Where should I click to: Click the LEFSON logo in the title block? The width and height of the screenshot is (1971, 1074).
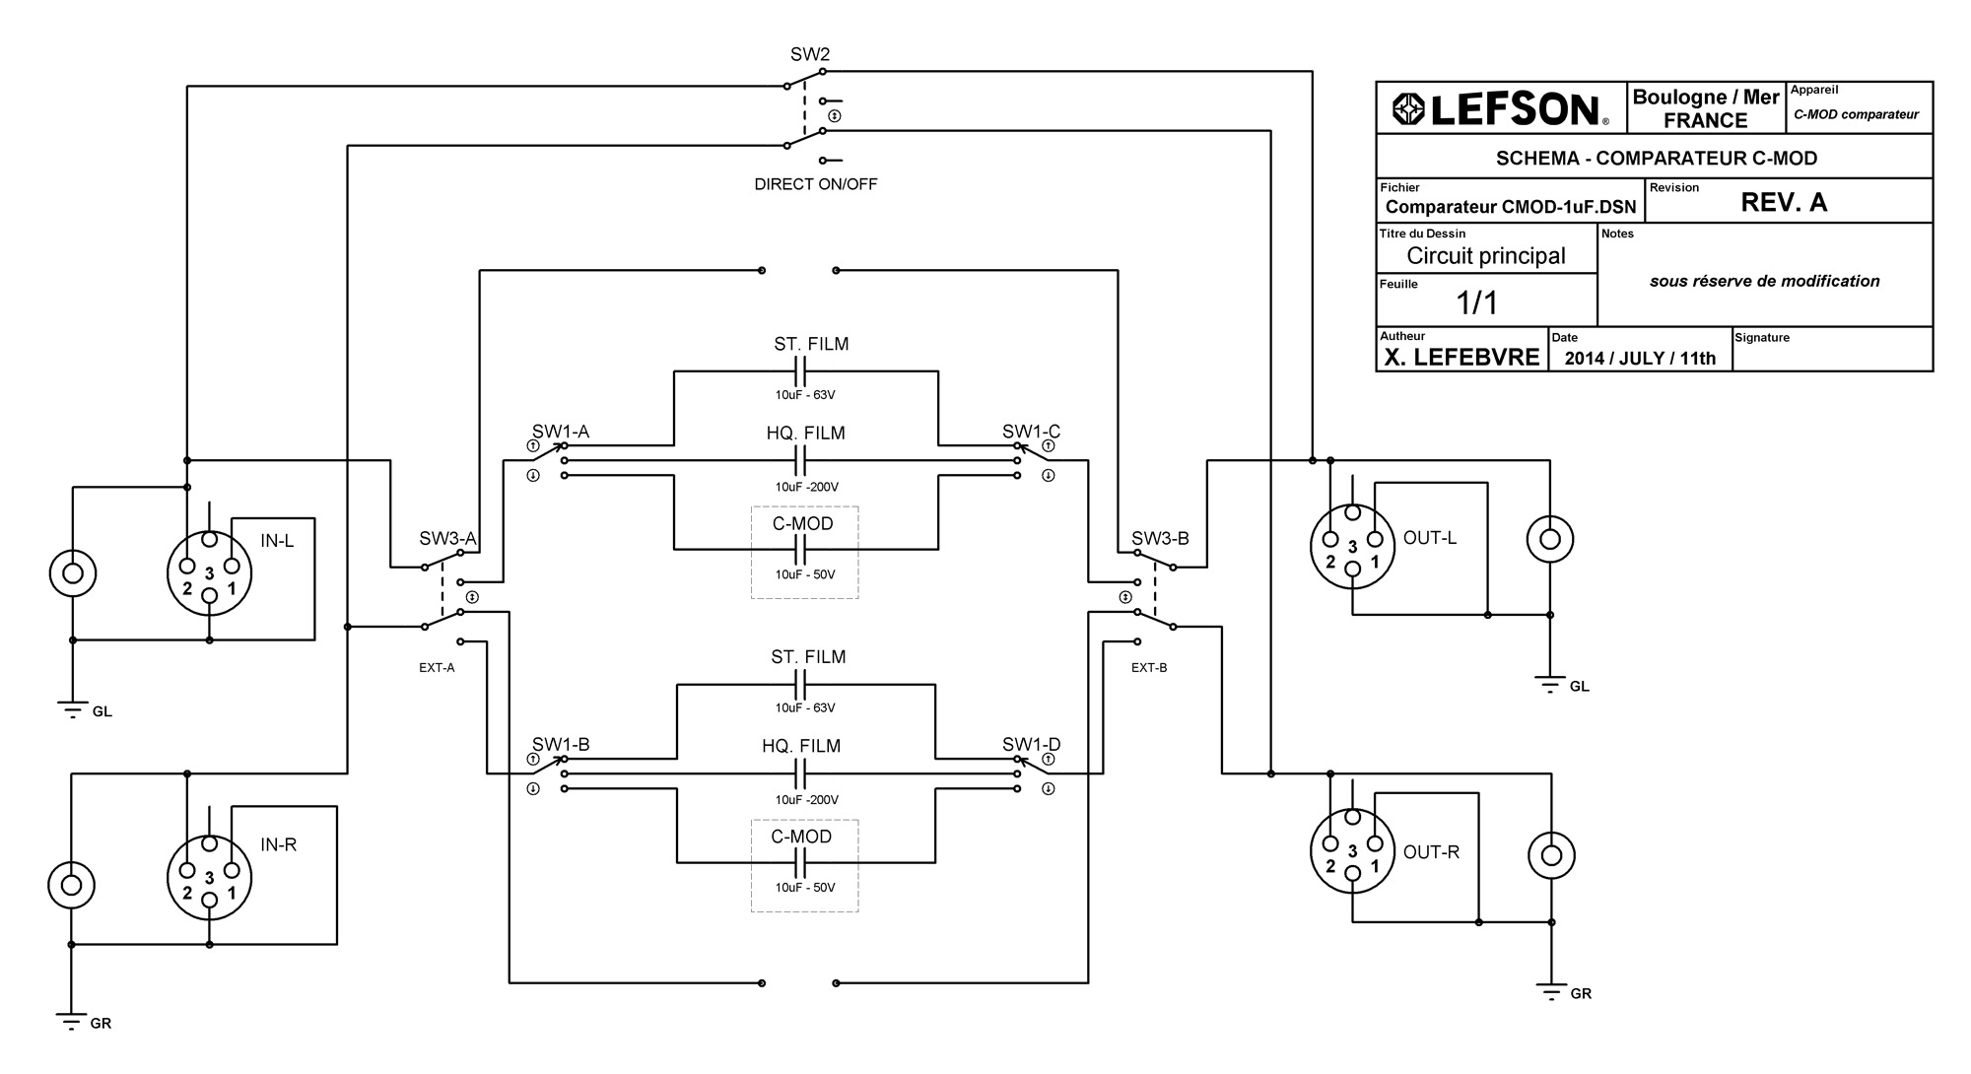[1500, 108]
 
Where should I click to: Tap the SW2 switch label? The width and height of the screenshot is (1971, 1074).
[810, 54]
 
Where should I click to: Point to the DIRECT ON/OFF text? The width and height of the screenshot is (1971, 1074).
[815, 184]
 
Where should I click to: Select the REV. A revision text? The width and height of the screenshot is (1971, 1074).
[1784, 203]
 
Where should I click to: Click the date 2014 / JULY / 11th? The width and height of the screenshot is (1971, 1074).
[1640, 359]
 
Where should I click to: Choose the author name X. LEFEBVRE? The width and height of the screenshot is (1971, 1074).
[1461, 358]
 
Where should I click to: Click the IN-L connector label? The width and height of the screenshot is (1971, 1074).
[277, 541]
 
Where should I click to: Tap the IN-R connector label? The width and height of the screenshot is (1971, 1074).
[278, 844]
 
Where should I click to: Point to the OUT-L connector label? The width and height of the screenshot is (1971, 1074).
[1429, 538]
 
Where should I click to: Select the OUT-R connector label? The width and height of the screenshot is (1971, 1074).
[1431, 852]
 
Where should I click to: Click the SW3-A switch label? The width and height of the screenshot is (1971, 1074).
[447, 539]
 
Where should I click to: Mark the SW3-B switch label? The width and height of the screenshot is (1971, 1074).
[1160, 539]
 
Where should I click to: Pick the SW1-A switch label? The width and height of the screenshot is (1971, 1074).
[561, 432]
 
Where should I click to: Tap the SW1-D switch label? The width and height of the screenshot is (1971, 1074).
[1031, 745]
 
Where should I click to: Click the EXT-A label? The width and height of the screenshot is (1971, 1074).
[437, 668]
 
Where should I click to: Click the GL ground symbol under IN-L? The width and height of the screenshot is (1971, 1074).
[72, 708]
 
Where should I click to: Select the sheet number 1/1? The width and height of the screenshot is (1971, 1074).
[1476, 303]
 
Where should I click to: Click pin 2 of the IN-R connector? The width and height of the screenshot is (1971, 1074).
[187, 871]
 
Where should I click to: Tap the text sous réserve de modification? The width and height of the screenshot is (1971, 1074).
[1764, 282]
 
